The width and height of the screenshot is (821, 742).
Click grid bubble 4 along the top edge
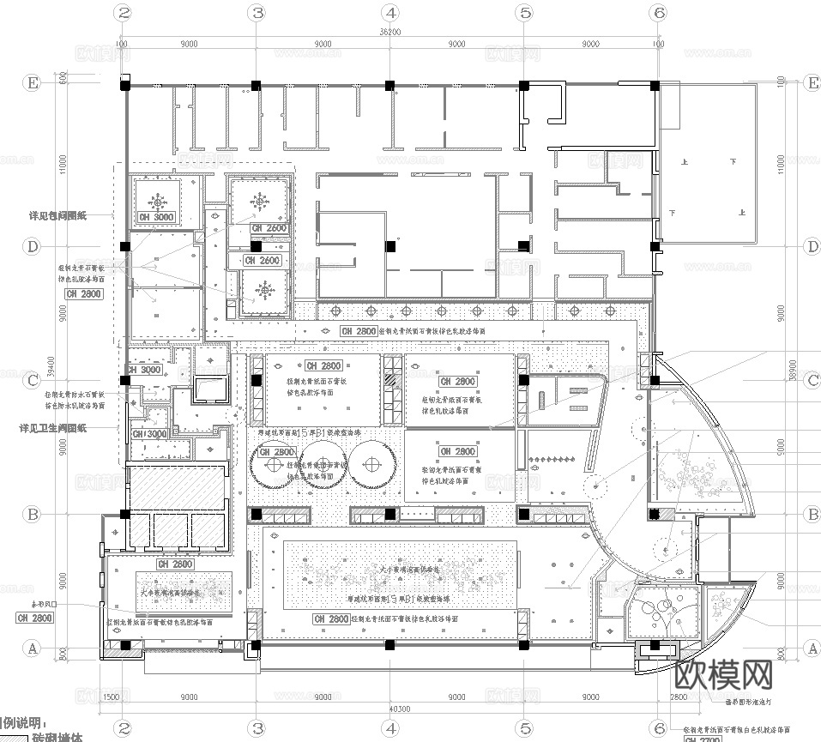[x=390, y=13]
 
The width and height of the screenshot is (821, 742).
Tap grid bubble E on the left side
[x=33, y=83]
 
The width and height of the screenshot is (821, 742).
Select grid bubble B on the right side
[x=812, y=514]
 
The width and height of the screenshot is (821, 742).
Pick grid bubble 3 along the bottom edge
[x=257, y=727]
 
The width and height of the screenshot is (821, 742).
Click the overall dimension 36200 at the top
[x=390, y=31]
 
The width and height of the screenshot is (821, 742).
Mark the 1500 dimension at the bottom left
[x=110, y=697]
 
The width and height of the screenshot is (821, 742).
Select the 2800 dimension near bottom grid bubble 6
[x=677, y=697]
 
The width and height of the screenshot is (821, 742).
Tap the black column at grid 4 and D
[x=390, y=246]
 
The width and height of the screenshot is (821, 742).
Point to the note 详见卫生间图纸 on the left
[x=53, y=426]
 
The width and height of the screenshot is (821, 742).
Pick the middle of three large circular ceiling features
[x=323, y=464]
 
